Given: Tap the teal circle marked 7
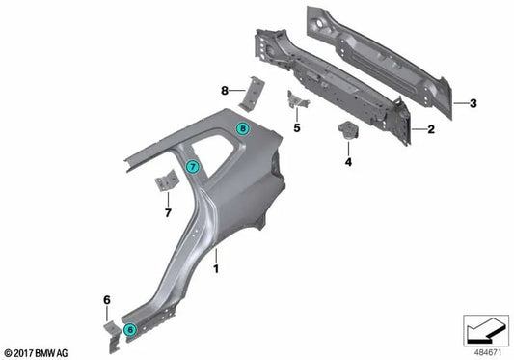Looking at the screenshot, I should (x=193, y=167).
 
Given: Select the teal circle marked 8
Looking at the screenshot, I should (x=243, y=127).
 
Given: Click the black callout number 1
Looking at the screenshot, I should (x=217, y=256).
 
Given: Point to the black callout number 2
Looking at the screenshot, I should (x=432, y=128).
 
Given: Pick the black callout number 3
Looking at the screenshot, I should (x=472, y=102).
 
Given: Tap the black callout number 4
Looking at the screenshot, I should (x=348, y=163).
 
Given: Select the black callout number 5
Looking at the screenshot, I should (x=297, y=126).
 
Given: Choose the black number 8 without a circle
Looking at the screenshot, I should (x=224, y=90).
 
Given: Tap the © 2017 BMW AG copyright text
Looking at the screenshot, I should (x=36, y=352).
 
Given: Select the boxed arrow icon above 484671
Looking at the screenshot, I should (x=484, y=331).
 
